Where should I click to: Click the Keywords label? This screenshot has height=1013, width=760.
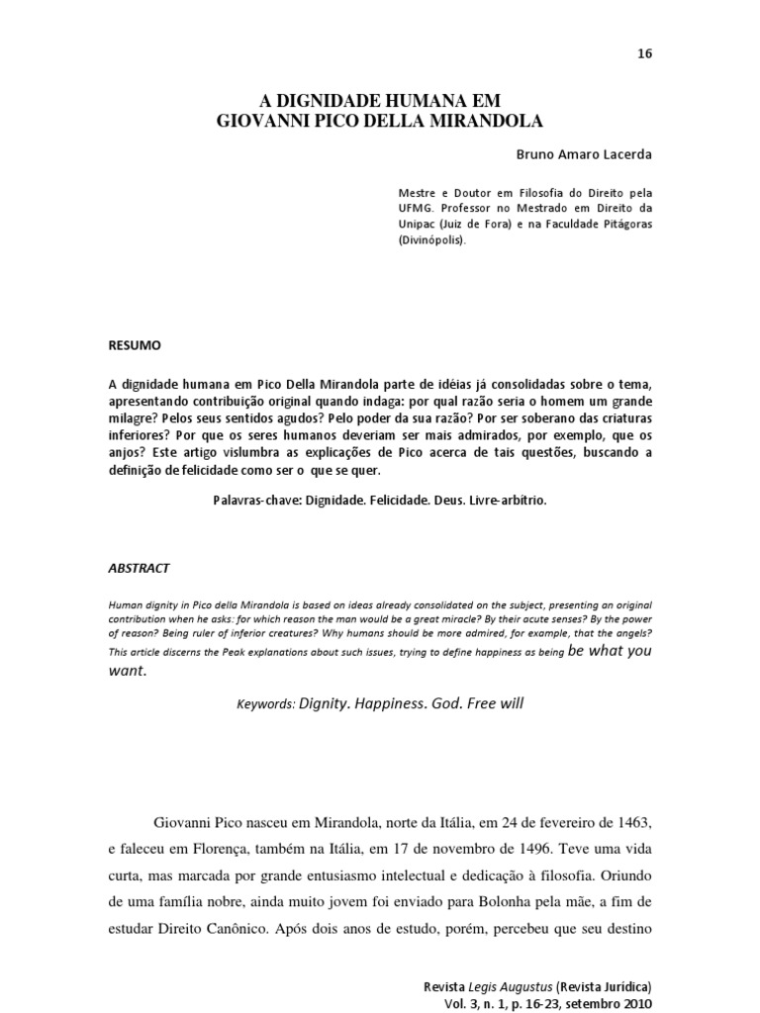(x=266, y=705)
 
